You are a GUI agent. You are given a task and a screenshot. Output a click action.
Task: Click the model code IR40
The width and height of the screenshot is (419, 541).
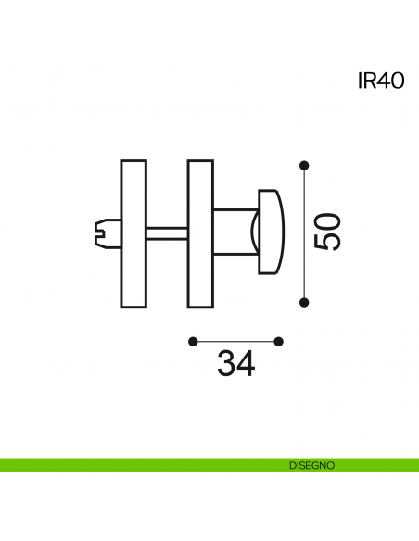click(x=381, y=82)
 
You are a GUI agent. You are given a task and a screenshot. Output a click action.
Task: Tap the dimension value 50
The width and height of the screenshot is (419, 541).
click(x=327, y=232)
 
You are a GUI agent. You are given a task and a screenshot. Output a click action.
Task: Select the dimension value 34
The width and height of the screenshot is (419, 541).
click(x=236, y=363)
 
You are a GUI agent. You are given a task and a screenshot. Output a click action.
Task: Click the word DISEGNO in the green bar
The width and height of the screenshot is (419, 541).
click(x=312, y=465)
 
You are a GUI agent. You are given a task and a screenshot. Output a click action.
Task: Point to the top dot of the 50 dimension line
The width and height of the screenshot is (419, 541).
click(x=304, y=165)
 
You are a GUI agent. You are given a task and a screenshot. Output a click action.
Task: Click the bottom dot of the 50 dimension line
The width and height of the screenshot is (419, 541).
click(x=304, y=303)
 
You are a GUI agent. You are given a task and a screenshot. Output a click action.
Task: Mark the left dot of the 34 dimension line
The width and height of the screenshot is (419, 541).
click(x=193, y=342)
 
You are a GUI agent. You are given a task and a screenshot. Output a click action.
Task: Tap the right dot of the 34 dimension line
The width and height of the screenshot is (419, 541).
click(x=278, y=342)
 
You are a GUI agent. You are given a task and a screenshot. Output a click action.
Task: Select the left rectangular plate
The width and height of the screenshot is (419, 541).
click(x=133, y=233)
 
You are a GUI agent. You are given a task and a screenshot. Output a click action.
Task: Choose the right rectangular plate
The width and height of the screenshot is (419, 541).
click(x=200, y=233)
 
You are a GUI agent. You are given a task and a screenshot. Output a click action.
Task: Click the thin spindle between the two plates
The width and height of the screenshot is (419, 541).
click(x=167, y=233)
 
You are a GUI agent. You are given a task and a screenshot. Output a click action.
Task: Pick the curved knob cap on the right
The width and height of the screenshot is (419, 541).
click(x=272, y=232)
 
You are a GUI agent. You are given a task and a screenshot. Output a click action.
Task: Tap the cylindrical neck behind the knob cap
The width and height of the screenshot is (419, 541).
click(x=235, y=232)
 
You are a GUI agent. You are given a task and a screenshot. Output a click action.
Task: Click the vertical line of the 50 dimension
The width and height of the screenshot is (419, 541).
click(x=304, y=234)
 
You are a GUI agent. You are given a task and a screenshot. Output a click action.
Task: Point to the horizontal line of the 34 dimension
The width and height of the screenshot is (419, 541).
click(x=235, y=342)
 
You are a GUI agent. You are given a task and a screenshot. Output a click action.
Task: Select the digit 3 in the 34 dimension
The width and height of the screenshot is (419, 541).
click(x=226, y=363)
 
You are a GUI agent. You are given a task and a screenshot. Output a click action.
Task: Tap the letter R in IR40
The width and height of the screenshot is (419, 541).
click(x=368, y=82)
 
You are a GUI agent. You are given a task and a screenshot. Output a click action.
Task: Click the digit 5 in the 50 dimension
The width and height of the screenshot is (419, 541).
click(x=327, y=242)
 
